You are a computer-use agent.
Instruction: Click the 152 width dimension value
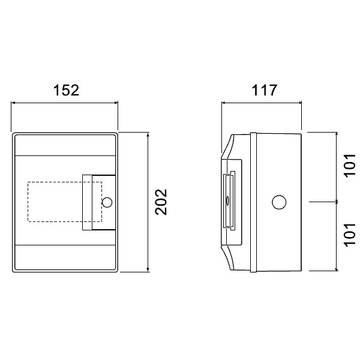tap(65, 90)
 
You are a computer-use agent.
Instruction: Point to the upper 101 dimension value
tap(350, 166)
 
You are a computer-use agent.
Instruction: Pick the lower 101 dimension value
tap(350, 236)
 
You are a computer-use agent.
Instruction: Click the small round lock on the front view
tap(107, 202)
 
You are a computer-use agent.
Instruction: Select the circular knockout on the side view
tap(279, 202)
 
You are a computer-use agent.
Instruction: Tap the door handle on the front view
tap(92, 202)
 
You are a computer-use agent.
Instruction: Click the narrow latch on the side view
tap(229, 201)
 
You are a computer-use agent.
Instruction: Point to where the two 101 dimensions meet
tap(336, 202)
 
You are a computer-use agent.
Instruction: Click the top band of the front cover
tap(64, 145)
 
